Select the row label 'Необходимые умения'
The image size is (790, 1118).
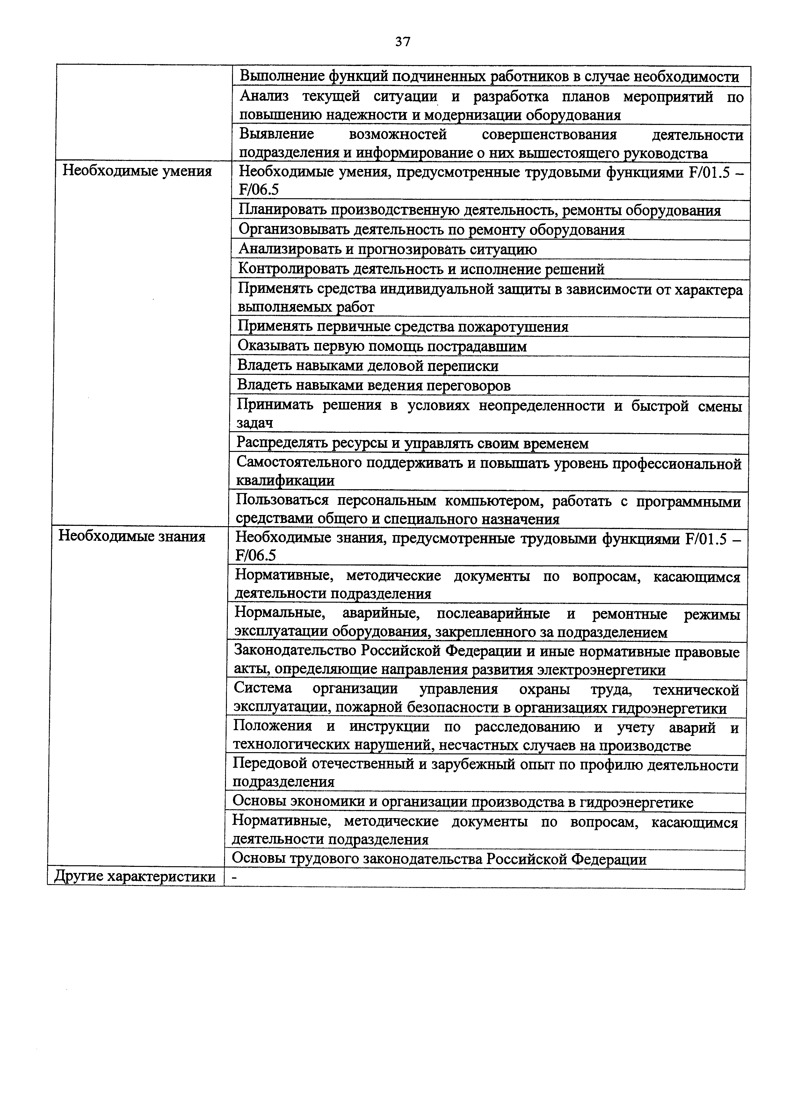pos(137,171)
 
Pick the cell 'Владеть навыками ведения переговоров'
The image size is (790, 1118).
pos(374,386)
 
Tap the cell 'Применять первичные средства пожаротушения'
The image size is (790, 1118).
pos(403,326)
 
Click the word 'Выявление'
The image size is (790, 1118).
pos(277,134)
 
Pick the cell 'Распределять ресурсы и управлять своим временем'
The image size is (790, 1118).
pos(412,444)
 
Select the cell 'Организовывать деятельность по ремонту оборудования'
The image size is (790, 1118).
pos(431,230)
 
